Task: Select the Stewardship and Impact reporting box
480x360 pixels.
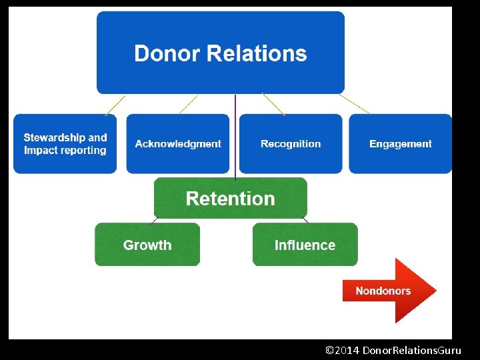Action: (65, 144)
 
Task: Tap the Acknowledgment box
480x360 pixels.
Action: (178, 144)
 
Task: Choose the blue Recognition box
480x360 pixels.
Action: (291, 144)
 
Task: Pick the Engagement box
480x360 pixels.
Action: (401, 144)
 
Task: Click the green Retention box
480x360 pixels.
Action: (231, 199)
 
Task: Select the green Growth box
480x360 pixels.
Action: (147, 245)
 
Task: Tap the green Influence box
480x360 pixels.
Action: (305, 245)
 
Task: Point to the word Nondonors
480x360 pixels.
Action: (383, 291)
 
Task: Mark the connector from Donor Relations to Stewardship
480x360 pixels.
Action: (115, 104)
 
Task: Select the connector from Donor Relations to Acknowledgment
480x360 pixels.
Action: (189, 104)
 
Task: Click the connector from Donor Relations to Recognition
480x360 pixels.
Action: (273, 104)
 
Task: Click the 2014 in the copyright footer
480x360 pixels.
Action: (348, 350)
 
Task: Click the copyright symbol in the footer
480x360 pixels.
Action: (329, 350)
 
